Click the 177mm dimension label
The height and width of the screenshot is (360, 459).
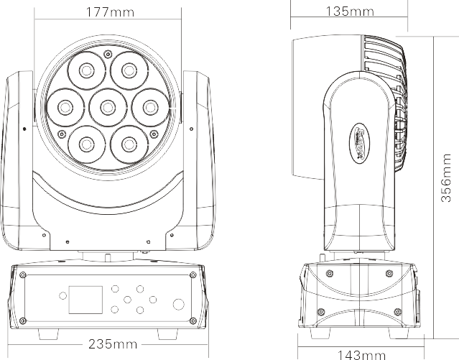pyautogui.click(x=106, y=12)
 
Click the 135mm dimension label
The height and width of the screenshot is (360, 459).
pyautogui.click(x=349, y=11)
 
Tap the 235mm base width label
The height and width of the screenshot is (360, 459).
pyautogui.click(x=111, y=344)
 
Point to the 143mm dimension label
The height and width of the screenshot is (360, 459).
pyautogui.click(x=361, y=354)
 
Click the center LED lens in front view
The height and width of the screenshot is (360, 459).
pyautogui.click(x=107, y=107)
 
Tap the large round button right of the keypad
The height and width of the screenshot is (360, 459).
pyautogui.click(x=178, y=304)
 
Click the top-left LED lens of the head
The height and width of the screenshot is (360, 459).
pyautogui.click(x=86, y=70)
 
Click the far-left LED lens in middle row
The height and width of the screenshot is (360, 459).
pyautogui.click(x=65, y=107)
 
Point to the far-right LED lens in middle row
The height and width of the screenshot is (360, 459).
pyautogui.click(x=149, y=107)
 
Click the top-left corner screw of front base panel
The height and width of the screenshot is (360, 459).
pyautogui.click(x=22, y=275)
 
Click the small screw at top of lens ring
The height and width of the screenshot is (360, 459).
pyautogui.click(x=107, y=52)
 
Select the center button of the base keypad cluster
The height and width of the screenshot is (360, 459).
pyautogui.click(x=128, y=299)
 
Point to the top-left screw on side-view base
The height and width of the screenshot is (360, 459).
pyautogui.click(x=330, y=272)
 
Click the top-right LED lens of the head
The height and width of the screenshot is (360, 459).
pyautogui.click(x=129, y=70)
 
